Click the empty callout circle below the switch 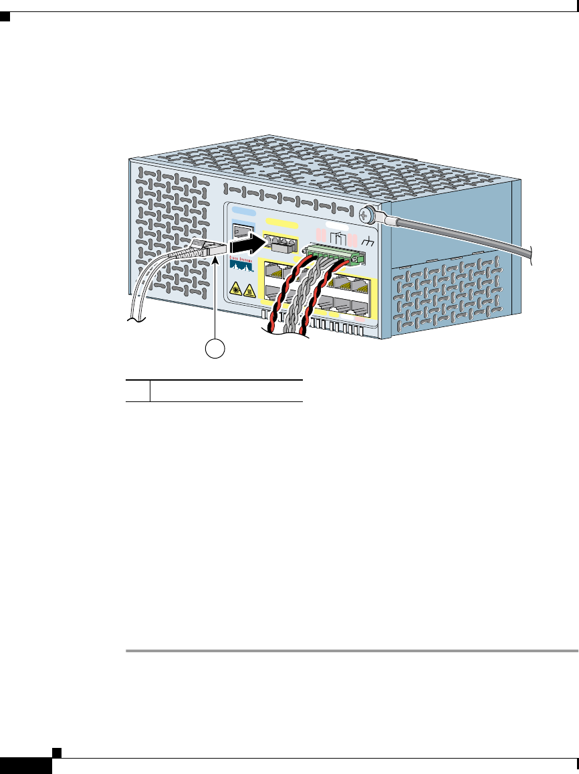(x=215, y=348)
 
